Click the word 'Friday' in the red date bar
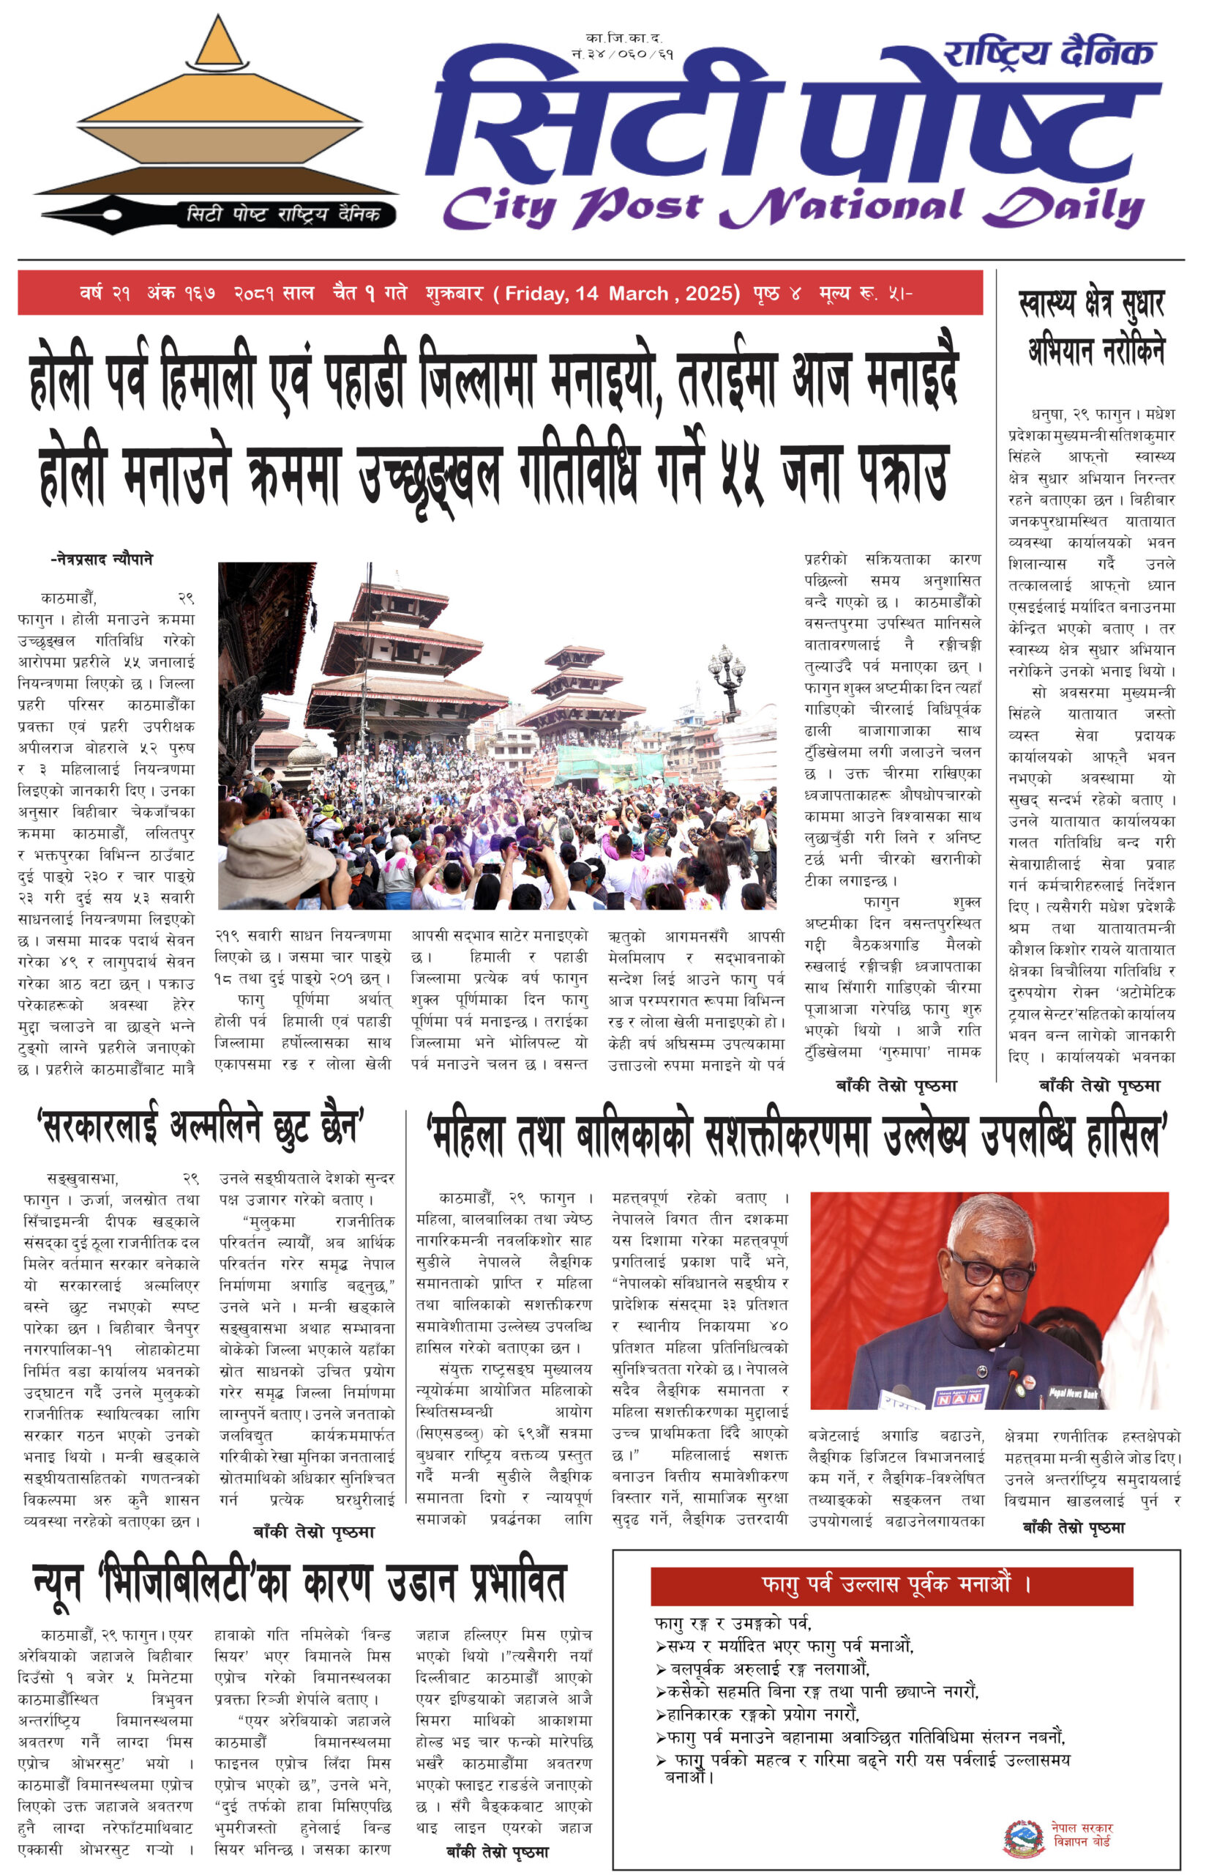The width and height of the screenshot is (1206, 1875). [x=536, y=294]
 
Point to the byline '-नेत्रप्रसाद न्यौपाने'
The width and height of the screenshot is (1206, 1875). [x=102, y=560]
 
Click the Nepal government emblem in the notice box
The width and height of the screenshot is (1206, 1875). [x=1025, y=1838]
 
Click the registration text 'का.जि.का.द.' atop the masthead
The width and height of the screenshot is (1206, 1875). [x=623, y=37]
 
